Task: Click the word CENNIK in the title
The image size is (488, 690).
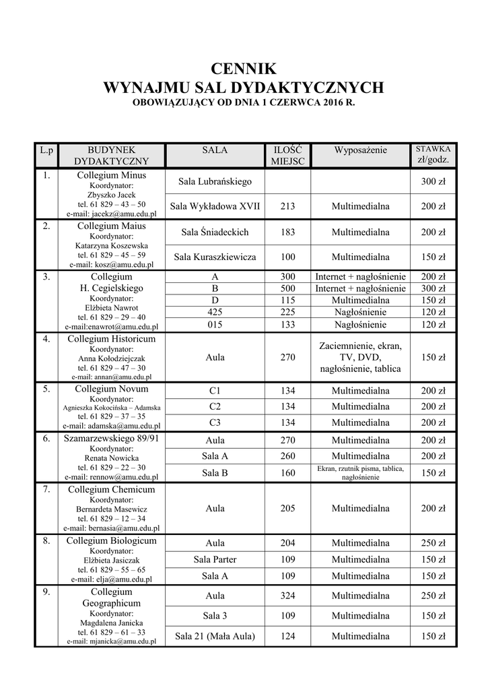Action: pos(244,68)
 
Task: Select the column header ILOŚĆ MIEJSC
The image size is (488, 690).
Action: pos(287,155)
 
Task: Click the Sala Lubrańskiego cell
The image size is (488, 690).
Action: pos(215,182)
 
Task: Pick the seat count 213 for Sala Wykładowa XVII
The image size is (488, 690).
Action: pos(287,206)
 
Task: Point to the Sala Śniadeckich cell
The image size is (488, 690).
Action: pos(215,232)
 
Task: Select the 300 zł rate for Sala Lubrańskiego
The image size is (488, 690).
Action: pos(433,182)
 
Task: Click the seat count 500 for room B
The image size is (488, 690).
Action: pos(287,288)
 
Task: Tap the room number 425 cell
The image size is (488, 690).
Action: pos(215,312)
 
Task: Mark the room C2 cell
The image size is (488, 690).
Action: pos(215,406)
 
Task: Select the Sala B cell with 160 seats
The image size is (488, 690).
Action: pos(215,473)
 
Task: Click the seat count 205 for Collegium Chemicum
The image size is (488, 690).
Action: pos(287,509)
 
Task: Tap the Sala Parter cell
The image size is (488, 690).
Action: pos(215,559)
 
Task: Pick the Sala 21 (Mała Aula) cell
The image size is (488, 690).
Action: pos(215,636)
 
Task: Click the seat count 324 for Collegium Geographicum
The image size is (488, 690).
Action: pos(287,596)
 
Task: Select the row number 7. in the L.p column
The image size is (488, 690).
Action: pos(46,490)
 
